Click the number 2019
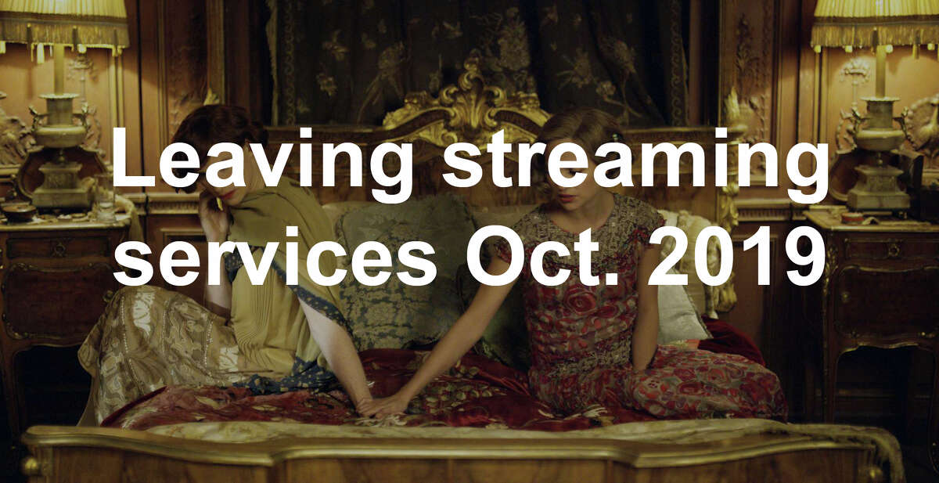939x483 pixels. click(x=736, y=256)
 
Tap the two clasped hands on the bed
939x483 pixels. click(x=382, y=405)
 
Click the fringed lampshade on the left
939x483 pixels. click(x=63, y=25)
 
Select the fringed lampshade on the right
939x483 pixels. click(x=876, y=25)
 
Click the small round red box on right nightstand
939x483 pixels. click(x=852, y=218)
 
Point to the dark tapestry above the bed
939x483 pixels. click(x=478, y=55)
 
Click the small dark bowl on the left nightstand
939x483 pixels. click(x=19, y=211)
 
